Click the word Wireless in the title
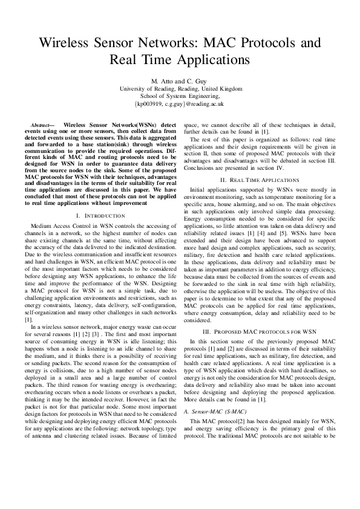click(x=64, y=43)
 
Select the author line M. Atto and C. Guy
click(x=180, y=81)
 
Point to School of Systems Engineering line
click(x=180, y=96)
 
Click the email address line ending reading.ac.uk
click(x=180, y=104)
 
